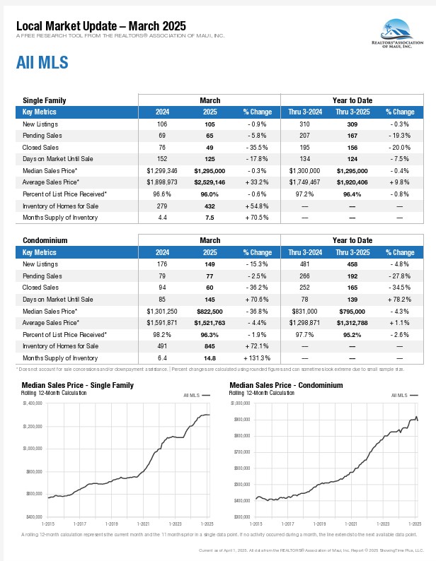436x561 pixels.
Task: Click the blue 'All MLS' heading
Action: click(42, 63)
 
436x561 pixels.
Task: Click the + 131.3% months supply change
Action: click(257, 358)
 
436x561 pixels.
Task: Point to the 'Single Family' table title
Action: click(45, 100)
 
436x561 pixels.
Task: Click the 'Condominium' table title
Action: click(45, 240)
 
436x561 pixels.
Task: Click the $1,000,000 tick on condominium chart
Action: click(242, 403)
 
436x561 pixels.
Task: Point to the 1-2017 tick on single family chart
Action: click(80, 524)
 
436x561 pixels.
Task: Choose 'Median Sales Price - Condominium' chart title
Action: click(286, 385)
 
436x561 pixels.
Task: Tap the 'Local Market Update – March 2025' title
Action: click(101, 26)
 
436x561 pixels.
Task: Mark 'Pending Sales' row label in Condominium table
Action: click(42, 276)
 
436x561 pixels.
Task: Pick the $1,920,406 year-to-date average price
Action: click(352, 182)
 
